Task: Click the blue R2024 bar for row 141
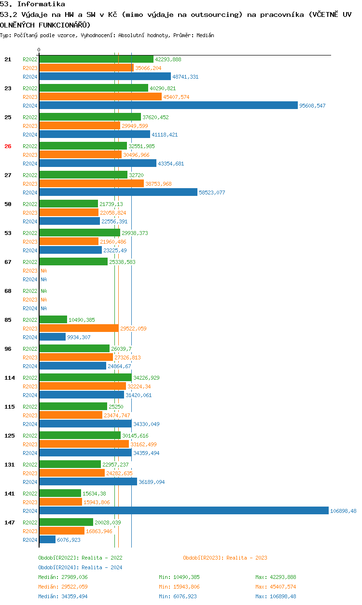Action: [x=183, y=510]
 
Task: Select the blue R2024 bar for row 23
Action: [x=168, y=105]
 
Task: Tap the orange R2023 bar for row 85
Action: [x=79, y=328]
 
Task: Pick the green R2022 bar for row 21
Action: [x=96, y=59]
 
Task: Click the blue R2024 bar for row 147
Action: [x=47, y=539]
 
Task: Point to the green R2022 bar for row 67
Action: [x=73, y=261]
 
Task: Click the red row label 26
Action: [x=8, y=146]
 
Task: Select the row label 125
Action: [x=9, y=436]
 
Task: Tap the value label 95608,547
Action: [x=312, y=106]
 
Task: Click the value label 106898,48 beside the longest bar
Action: [x=343, y=511]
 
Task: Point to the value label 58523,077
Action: [x=212, y=192]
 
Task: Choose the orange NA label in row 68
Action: [x=43, y=300]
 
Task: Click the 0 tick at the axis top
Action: [x=39, y=50]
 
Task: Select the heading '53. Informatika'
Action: [x=32, y=4]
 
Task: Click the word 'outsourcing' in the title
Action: [x=216, y=15]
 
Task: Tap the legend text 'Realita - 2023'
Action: [x=247, y=558]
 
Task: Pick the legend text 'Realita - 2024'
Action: [x=102, y=567]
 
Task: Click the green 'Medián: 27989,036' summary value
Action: [x=63, y=577]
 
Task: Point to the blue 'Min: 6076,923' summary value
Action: [x=179, y=596]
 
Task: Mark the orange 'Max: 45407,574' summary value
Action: [x=276, y=587]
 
